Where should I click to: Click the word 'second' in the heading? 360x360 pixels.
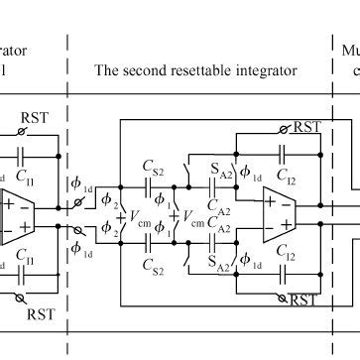click(142, 70)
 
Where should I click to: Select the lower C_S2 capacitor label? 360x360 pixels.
click(152, 265)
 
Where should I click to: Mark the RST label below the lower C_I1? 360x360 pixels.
click(41, 314)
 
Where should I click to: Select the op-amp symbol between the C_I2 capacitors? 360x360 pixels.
click(267, 217)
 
